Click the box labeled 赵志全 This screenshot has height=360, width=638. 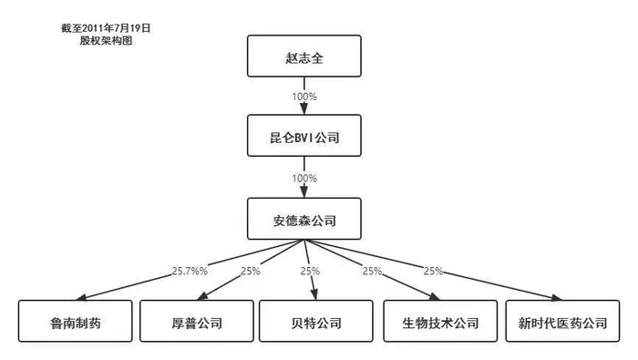pos(304,56)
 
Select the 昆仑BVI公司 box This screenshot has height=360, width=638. pos(304,137)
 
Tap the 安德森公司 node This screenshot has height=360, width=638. pos(304,219)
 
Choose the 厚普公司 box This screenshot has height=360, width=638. pos(194,323)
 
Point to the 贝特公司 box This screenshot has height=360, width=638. pos(315,323)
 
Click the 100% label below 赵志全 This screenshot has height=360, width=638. pos(304,96)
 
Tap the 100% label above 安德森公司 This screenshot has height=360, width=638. pos(304,178)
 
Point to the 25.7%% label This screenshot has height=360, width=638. pos(189,272)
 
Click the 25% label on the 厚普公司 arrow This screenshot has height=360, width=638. pos(250,272)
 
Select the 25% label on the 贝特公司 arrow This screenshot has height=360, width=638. pos(311,272)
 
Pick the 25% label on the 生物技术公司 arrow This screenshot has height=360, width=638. pos(372,272)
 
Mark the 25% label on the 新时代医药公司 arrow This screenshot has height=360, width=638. pos(433,272)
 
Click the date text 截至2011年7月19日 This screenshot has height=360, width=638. pos(106,28)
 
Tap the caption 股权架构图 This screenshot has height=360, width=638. pos(106,41)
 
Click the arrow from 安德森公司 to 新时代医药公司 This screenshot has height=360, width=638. pos(474,279)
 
